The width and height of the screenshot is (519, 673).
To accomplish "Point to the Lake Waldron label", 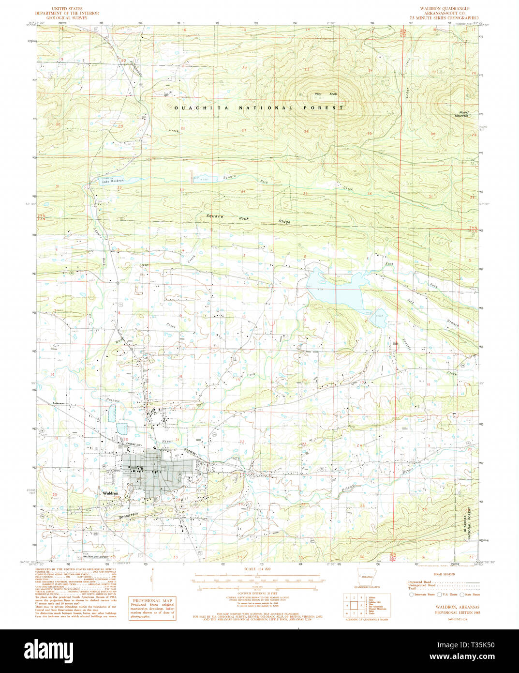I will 113,181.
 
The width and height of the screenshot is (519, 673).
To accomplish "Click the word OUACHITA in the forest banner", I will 193,108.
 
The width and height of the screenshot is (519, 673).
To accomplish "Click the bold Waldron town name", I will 111,493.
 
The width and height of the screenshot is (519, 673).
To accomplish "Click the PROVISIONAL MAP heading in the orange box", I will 152,600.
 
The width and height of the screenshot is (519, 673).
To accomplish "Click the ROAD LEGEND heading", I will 444,574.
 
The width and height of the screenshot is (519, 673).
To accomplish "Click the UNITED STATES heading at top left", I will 67,9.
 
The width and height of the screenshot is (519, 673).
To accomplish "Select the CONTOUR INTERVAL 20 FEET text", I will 256,593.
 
